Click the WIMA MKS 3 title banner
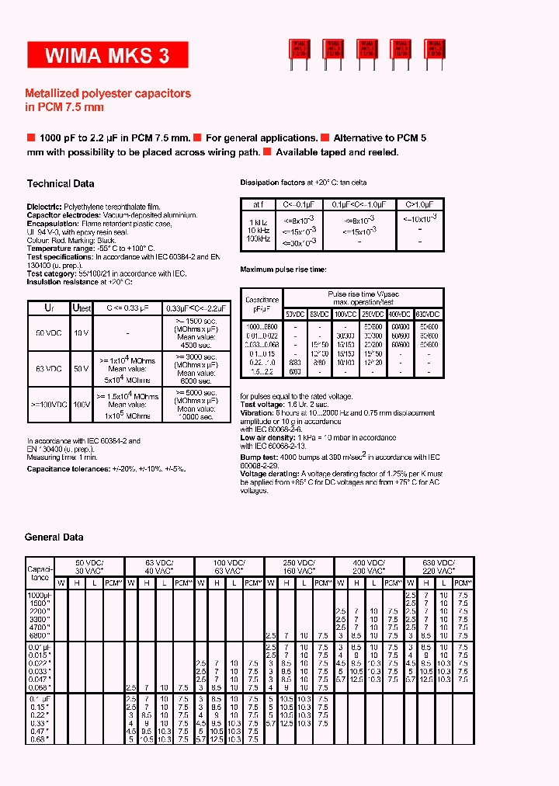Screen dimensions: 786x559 [x=98, y=55]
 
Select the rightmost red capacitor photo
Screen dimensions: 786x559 [x=434, y=51]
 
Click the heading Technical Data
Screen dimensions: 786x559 [x=61, y=184]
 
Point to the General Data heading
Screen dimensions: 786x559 [x=54, y=537]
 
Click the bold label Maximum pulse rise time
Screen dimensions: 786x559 [x=283, y=269]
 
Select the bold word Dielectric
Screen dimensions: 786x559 [x=44, y=207]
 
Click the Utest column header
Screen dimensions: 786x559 [x=82, y=308]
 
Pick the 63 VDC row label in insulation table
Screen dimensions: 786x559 [x=48, y=369]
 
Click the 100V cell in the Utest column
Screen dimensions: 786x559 [x=82, y=405]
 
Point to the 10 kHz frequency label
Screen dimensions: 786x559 [x=259, y=231]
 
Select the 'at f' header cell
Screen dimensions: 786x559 [x=259, y=205]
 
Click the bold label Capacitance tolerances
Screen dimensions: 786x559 [x=68, y=469]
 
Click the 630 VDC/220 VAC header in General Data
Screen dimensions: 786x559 [x=439, y=566]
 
